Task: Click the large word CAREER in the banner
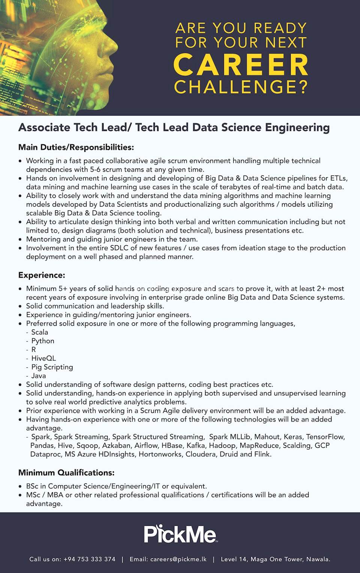[x=241, y=65]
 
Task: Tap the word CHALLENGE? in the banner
[x=241, y=87]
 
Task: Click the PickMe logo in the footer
[x=180, y=534]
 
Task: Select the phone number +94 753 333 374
[x=89, y=559]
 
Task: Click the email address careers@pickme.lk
[x=178, y=559]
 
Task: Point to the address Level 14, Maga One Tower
[x=275, y=559]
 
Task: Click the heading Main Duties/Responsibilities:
[x=76, y=147]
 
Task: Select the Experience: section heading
[x=42, y=275]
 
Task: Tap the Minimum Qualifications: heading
[x=66, y=472]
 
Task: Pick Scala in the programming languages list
[x=39, y=332]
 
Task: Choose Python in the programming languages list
[x=43, y=341]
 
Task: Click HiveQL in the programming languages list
[x=43, y=358]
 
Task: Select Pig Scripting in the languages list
[x=52, y=367]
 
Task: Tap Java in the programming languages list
[x=39, y=376]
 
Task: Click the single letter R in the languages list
[x=34, y=349]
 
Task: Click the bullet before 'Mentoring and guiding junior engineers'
[x=21, y=239]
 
